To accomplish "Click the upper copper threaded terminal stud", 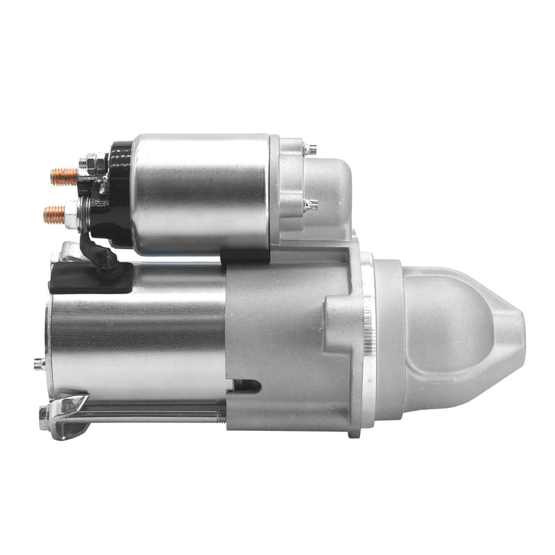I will tap(65, 176).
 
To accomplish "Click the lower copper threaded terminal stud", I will tap(54, 214).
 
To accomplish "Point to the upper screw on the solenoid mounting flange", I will tap(310, 148).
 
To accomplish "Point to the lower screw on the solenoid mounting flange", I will tap(311, 205).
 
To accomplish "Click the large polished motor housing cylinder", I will tap(139, 333).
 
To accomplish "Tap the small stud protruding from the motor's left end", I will tap(39, 362).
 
